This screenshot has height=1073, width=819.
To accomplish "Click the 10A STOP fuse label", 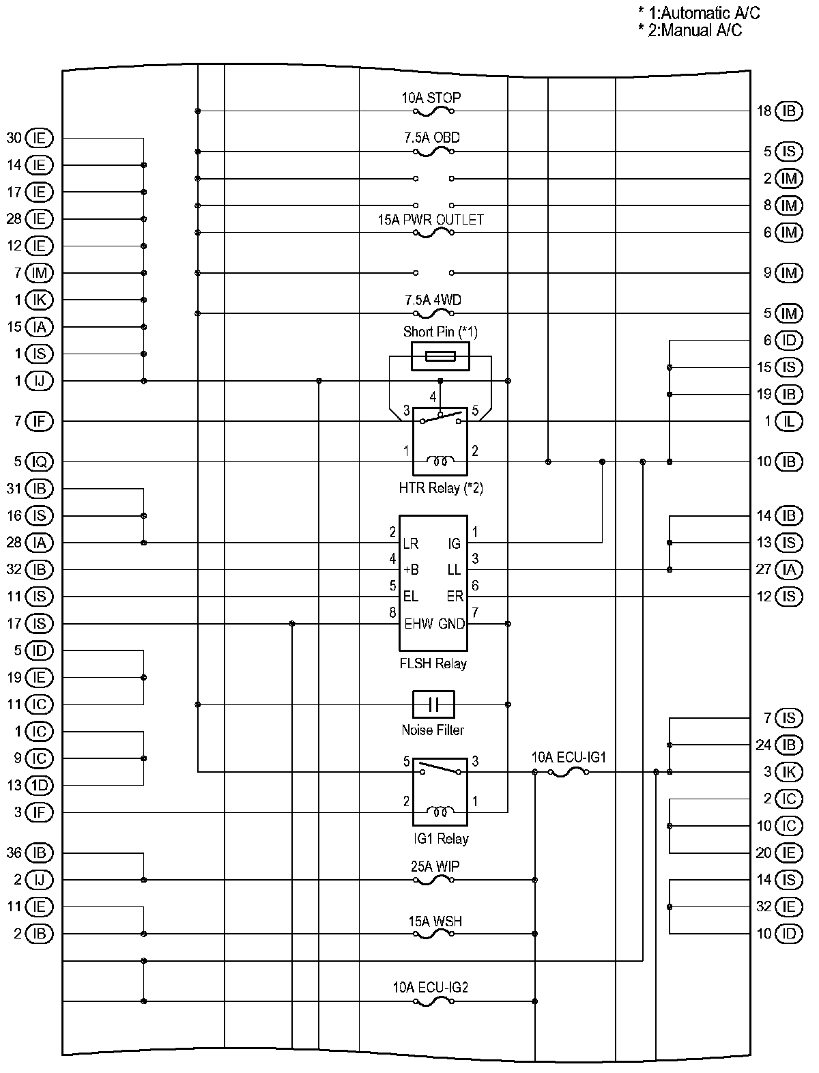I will tap(431, 98).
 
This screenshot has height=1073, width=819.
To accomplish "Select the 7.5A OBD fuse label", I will tap(432, 138).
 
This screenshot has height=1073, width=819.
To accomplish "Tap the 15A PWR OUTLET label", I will tap(431, 220).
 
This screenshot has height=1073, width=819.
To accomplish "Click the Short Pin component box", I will tap(440, 356).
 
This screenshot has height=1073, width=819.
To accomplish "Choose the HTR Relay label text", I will tap(440, 488).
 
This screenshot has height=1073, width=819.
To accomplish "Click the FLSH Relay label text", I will tap(433, 663).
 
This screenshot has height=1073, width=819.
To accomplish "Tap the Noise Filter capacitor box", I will tap(433, 704).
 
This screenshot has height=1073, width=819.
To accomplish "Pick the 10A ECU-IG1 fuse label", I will tap(569, 757).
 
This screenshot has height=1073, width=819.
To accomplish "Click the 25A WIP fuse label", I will tap(435, 866).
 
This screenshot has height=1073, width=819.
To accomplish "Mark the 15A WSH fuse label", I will tap(435, 921).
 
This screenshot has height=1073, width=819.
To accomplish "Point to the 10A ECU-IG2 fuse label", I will tap(430, 987).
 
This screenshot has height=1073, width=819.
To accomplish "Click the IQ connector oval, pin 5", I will tap(40, 462).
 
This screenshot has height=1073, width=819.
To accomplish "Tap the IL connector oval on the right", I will tap(789, 421).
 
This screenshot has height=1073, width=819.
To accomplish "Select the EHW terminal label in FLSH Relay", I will tap(418, 623).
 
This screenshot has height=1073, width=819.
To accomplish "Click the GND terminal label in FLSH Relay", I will tap(451, 623).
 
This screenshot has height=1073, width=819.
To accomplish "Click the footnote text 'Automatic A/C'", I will tap(710, 13).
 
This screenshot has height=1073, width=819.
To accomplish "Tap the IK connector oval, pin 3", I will tap(789, 772).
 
